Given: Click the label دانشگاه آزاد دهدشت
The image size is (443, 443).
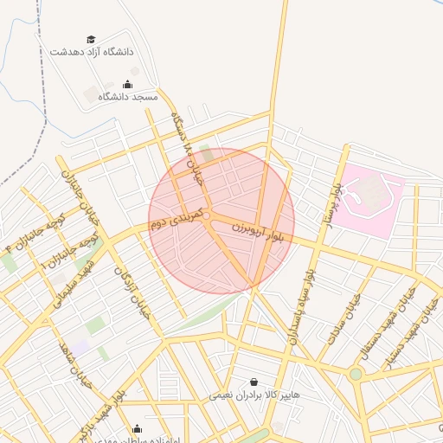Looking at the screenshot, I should click(93, 52).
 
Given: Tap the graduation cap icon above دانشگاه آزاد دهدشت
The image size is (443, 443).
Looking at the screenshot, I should click(91, 39).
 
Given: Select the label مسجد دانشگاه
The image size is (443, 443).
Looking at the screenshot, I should click(128, 97).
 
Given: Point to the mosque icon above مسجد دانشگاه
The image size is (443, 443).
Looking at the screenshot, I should click(128, 84).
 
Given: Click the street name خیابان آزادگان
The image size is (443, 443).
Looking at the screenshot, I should click(133, 294).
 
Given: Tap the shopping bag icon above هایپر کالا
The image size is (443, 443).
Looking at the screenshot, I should click(253, 382).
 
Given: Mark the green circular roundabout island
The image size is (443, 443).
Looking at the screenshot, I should click(356, 374).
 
